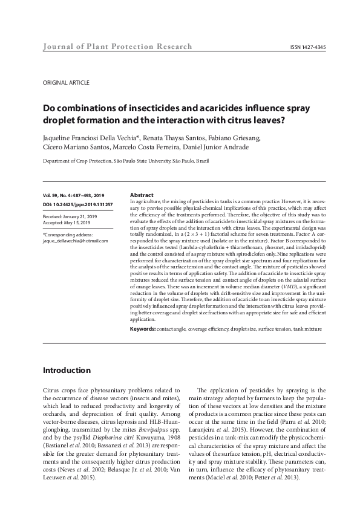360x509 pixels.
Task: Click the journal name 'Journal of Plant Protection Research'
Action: click(117, 47)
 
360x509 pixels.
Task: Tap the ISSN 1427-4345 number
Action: click(307, 47)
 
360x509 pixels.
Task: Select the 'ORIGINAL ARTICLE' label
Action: click(67, 82)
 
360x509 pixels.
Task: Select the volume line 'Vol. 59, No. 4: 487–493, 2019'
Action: click(74, 195)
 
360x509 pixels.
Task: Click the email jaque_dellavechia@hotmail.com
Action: click(76, 241)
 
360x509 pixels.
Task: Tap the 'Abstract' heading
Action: click(142, 195)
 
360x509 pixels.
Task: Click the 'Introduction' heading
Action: click(67, 370)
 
